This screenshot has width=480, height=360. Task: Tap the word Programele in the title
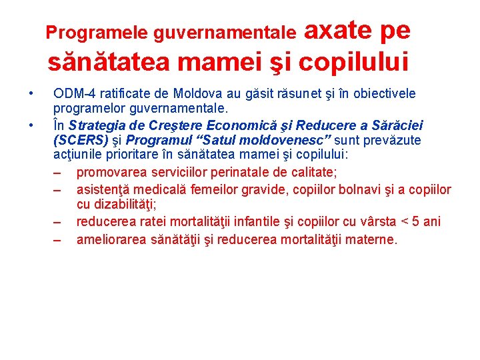98,31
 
